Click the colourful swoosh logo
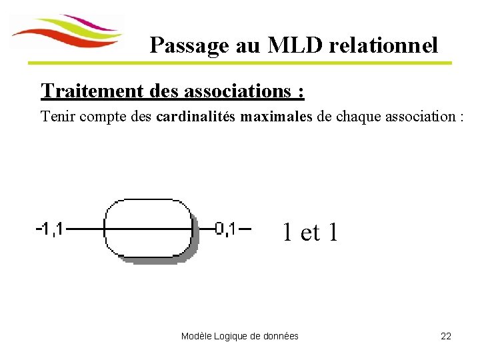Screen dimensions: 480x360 click(x=67, y=32)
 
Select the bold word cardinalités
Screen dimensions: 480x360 click(x=195, y=117)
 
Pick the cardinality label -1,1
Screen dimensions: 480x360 click(x=49, y=229)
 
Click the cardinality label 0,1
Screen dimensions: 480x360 click(x=225, y=229)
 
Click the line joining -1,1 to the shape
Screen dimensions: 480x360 click(x=84, y=229)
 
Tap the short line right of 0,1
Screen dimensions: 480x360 click(x=244, y=229)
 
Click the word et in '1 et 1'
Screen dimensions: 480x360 click(x=310, y=233)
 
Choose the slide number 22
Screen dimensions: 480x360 click(x=446, y=336)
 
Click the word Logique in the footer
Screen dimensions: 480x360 click(x=231, y=336)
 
